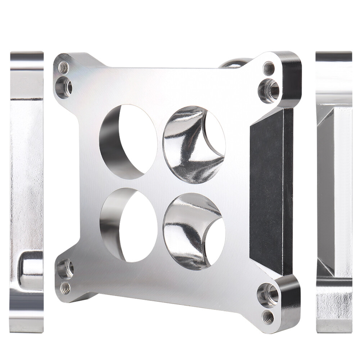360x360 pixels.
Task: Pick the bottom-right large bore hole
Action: click(x=194, y=231)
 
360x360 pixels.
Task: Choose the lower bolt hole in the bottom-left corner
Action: click(x=66, y=287)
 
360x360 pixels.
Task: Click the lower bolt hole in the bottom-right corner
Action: click(x=268, y=317)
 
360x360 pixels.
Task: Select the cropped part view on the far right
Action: click(x=334, y=191)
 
